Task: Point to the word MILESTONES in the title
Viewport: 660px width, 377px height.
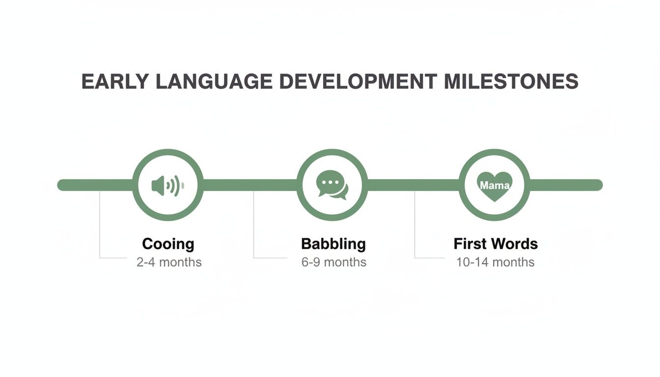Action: pos(511,81)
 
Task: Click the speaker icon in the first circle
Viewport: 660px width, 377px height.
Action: pos(167,186)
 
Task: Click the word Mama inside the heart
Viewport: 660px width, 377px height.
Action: pos(495,186)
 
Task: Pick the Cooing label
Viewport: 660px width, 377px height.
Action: pos(168,243)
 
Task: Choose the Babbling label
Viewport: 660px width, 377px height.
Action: pos(333,243)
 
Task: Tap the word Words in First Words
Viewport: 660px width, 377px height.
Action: pos(516,243)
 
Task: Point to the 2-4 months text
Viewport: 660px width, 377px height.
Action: pos(169,262)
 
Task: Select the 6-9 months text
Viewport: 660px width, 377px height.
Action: pos(334,262)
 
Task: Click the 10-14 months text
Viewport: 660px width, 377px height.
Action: pos(495,262)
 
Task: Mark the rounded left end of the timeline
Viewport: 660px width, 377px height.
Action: pos(62,185)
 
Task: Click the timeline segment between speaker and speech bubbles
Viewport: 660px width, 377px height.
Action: pos(250,185)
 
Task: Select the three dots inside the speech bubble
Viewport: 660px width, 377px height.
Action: pos(330,182)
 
